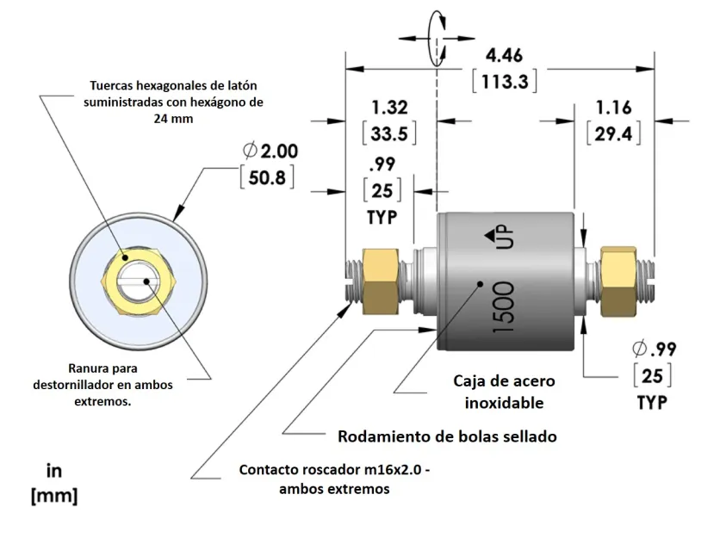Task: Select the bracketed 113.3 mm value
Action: tap(506, 82)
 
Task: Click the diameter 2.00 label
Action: tap(270, 151)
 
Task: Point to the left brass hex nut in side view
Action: tap(379, 281)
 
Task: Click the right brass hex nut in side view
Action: tap(618, 280)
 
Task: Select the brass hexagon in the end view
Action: tap(139, 279)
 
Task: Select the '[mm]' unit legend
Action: tap(53, 496)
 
